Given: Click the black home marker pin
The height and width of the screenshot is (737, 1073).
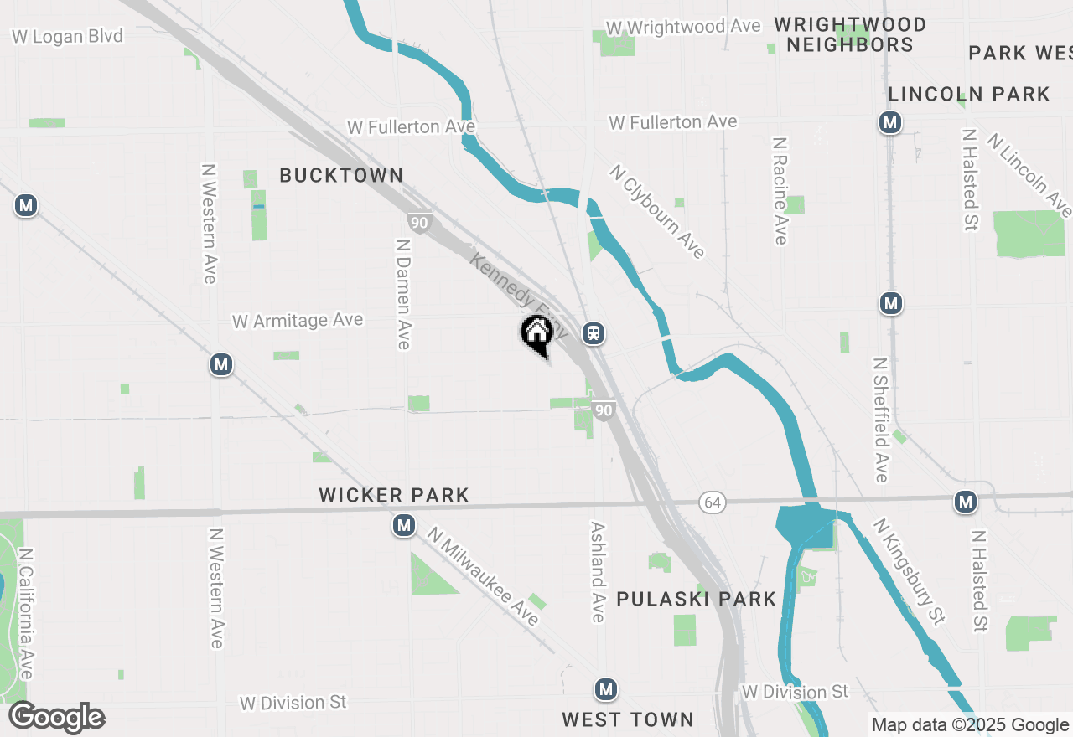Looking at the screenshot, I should coord(536,335).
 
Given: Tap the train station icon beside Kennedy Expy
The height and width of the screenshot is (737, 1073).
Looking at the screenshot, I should coord(594,333).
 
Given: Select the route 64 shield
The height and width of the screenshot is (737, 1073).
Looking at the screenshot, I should coord(712,502).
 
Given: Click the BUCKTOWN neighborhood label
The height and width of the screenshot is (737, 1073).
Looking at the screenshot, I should coord(341,175).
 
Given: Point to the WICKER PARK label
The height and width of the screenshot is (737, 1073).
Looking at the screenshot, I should coord(394,495).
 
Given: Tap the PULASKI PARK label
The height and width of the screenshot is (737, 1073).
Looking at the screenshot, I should coord(697,599).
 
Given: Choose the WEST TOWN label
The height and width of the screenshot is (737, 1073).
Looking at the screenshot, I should coord(628,719).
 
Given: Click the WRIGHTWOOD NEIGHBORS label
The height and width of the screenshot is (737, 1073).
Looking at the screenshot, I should coord(850,34).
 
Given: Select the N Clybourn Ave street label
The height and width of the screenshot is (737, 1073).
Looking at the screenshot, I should coord(658,211).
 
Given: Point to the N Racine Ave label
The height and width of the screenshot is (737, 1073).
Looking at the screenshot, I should coord(780,191).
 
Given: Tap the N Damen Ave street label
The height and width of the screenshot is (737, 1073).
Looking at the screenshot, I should coord(403,294).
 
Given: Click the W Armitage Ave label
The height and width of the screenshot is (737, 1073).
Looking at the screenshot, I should coord(298,321).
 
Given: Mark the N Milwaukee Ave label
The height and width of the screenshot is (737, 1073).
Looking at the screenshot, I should coord(483,576).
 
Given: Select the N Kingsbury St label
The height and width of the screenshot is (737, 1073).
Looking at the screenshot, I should coord(909,571).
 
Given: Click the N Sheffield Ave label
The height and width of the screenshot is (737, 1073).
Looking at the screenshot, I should coord(880,420).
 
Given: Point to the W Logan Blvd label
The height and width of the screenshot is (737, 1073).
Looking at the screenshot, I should coord(68,36).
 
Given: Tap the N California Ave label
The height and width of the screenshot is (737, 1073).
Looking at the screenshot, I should coord(26,614).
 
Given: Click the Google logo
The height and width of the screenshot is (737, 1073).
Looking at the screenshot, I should coord(56,718).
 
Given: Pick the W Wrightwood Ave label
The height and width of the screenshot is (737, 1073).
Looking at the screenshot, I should coord(682,27).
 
